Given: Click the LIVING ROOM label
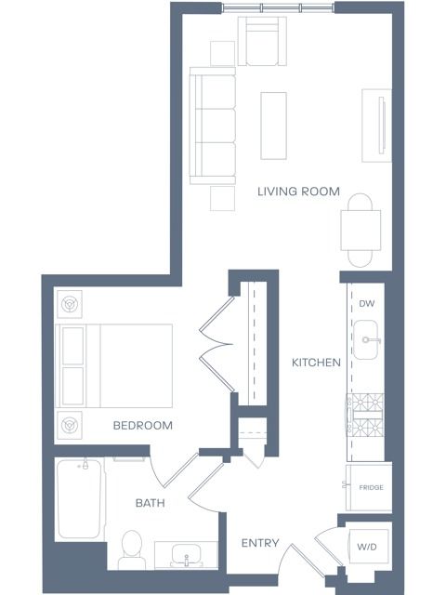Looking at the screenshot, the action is pos(298,192).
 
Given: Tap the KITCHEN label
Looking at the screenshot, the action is pos(316,363).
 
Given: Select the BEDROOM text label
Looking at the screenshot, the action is pos(142,426).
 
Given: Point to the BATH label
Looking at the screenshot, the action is pos(151,503).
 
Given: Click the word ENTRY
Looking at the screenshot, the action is pos(260,543).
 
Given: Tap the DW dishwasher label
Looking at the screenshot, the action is pos(367,304).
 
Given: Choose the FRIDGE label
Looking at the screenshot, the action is pos(371,487).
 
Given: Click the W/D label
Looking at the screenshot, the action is pos(367,547).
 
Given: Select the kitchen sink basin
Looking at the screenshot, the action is pos(365,339).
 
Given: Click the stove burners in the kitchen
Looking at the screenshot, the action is pos(365,415).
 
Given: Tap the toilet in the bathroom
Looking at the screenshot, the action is pos(132,549).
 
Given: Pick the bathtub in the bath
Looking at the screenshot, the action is pos(79,499).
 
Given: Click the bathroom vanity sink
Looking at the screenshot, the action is pos(186,556).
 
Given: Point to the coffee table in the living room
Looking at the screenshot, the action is pos(273,126).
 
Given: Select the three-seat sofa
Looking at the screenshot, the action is pos(213,126).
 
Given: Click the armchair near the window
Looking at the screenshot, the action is pos(262,41).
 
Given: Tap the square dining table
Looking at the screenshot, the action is pos(361,231).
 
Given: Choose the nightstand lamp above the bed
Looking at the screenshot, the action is pos(70,304).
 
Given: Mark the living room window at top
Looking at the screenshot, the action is pos(278,8).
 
